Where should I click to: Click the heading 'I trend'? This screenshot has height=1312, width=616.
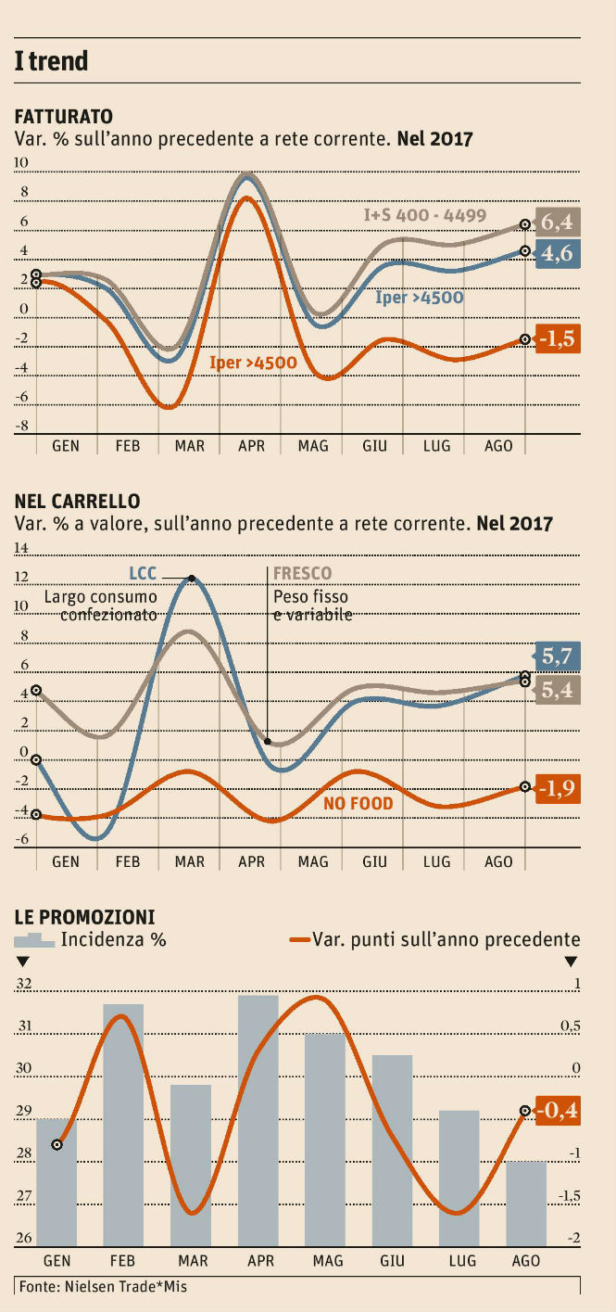click(x=52, y=61)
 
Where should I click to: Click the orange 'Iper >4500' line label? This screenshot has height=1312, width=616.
click(x=253, y=363)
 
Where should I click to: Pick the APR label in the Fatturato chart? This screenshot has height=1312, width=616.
click(x=251, y=446)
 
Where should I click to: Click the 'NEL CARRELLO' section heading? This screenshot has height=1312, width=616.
click(x=78, y=502)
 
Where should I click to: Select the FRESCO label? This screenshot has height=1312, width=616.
click(x=302, y=573)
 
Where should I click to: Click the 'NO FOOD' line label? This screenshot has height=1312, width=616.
click(x=358, y=803)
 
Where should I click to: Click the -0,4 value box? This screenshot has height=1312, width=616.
click(x=559, y=1111)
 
